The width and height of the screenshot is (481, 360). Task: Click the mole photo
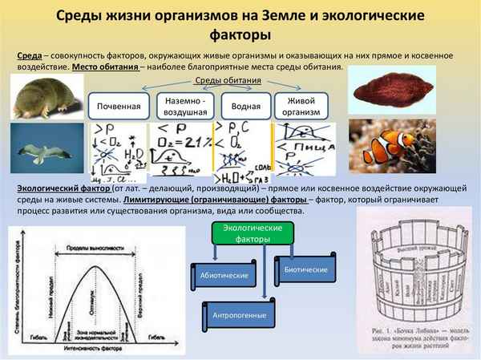[x=44, y=98]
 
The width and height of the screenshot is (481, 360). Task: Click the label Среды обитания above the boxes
[x=228, y=83]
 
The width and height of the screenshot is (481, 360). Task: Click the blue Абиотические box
[x=219, y=276]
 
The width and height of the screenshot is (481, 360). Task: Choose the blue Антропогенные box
[x=237, y=313]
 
